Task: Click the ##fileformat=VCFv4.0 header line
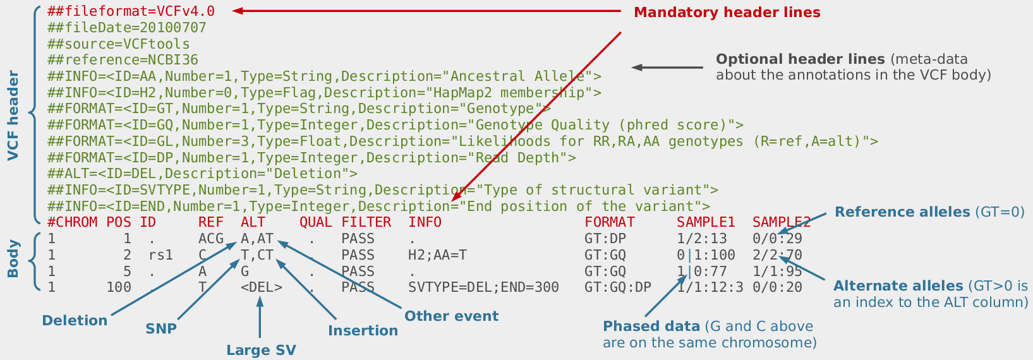(x=131, y=11)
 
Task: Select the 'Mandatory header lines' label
(x=727, y=13)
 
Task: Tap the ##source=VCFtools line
(x=118, y=44)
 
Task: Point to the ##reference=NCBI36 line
(x=123, y=61)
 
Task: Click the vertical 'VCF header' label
(x=13, y=116)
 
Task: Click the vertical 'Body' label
(x=13, y=259)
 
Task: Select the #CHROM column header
(x=72, y=222)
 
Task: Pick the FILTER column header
(x=366, y=222)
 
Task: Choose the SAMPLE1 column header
(x=706, y=222)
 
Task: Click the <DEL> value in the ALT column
(x=261, y=288)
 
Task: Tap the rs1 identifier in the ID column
(x=160, y=255)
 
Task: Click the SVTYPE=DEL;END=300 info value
(x=483, y=288)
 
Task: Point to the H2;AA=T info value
(x=437, y=255)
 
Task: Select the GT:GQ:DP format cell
(x=617, y=288)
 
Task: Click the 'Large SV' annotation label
(x=261, y=351)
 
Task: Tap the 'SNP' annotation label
(x=161, y=329)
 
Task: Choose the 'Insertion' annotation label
(x=363, y=331)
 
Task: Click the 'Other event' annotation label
(x=451, y=316)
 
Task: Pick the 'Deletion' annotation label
(x=75, y=321)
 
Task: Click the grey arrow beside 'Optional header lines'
(x=667, y=68)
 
